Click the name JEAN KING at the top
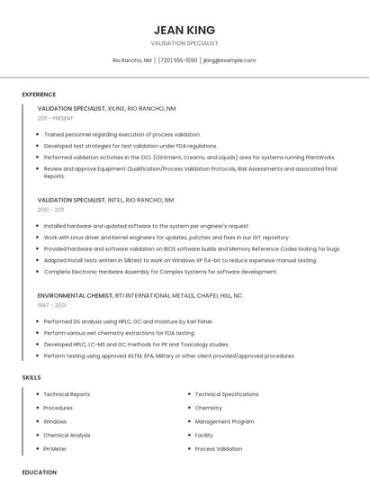point(184,30)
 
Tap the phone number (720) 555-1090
point(177,60)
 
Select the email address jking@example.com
point(229,60)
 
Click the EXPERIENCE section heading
point(39,94)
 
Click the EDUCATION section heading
point(40,472)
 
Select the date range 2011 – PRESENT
point(55,118)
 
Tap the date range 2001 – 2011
point(50,210)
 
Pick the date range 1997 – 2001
point(50,305)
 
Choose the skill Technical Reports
point(67,394)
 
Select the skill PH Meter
point(55,448)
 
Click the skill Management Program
point(224,421)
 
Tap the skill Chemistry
point(208,408)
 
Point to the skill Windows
point(55,421)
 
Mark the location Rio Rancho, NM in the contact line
point(132,60)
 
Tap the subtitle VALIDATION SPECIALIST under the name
point(184,43)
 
